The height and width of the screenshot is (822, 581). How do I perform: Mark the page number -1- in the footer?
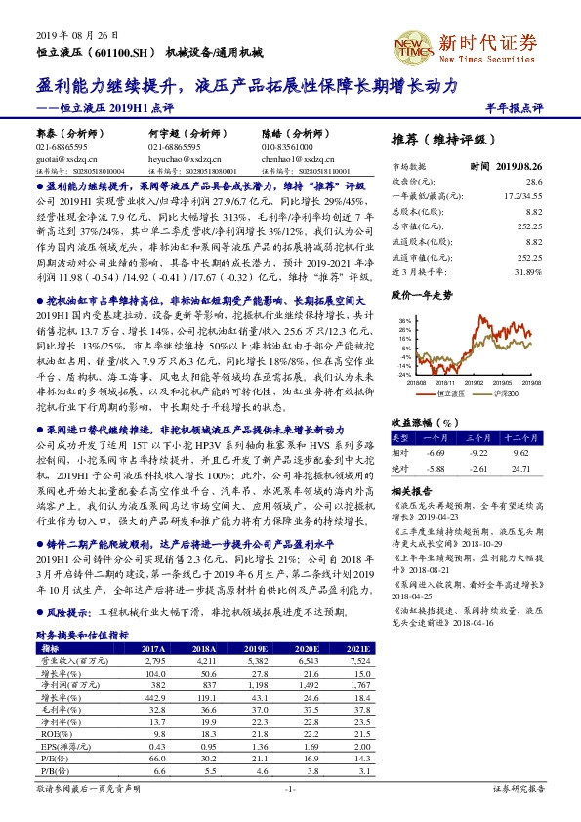tap(290, 814)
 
